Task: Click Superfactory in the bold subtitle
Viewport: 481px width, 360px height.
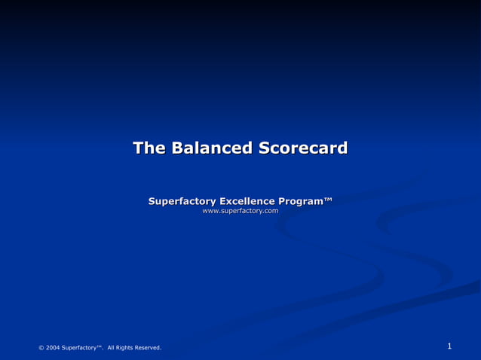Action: point(182,201)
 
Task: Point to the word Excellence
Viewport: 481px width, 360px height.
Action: point(247,201)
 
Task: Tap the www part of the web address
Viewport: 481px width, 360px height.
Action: point(210,211)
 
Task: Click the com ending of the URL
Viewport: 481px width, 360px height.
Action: point(271,211)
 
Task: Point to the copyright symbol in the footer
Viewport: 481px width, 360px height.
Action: point(41,347)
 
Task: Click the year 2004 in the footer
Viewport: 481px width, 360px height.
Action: point(52,347)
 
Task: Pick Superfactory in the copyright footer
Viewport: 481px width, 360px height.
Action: point(79,347)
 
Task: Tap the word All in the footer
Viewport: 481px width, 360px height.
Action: point(112,347)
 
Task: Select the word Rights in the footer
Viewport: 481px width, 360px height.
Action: point(125,347)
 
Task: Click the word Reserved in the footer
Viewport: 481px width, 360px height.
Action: point(148,347)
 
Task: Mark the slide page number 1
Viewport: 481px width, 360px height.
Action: point(449,346)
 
